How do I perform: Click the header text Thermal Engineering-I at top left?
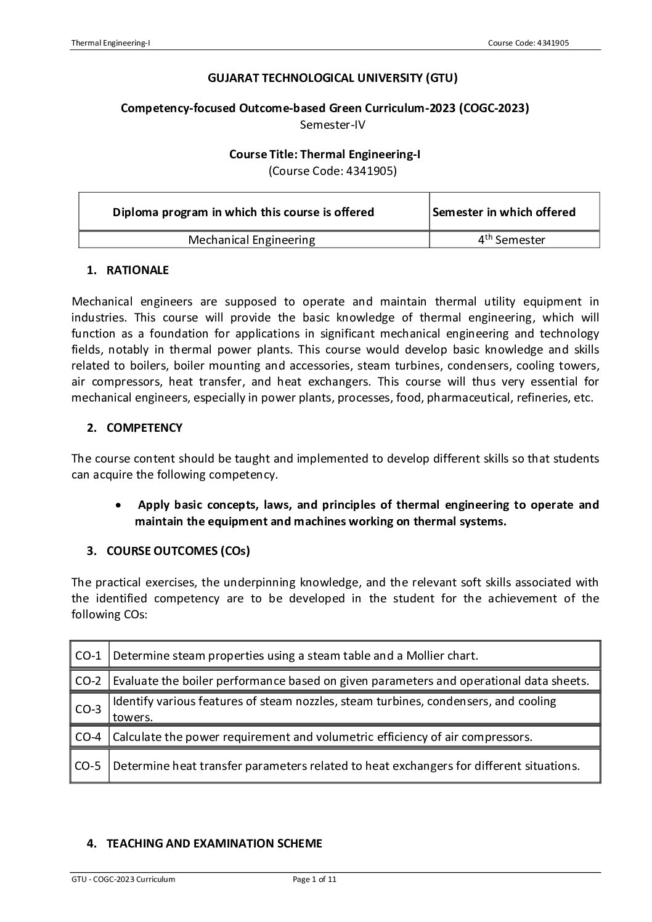pos(111,42)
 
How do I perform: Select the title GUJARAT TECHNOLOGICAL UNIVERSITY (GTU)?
pos(333,78)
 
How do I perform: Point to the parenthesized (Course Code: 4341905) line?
pos(333,171)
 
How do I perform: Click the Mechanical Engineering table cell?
pos(251,240)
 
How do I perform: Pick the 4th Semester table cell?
pos(511,240)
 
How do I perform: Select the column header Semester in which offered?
pos(504,212)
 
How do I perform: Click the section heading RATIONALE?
pos(137,270)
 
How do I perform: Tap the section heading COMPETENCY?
pos(144,427)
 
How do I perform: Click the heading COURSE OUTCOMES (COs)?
pos(178,551)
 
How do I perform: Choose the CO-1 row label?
pos(88,655)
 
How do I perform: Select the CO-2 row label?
pos(88,681)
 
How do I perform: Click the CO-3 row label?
pos(88,709)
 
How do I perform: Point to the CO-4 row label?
pos(88,737)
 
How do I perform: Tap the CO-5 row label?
pos(88,766)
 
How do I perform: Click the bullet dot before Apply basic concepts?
pos(118,505)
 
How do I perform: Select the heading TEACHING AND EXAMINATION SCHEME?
pos(214,844)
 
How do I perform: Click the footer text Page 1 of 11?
pos(314,880)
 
